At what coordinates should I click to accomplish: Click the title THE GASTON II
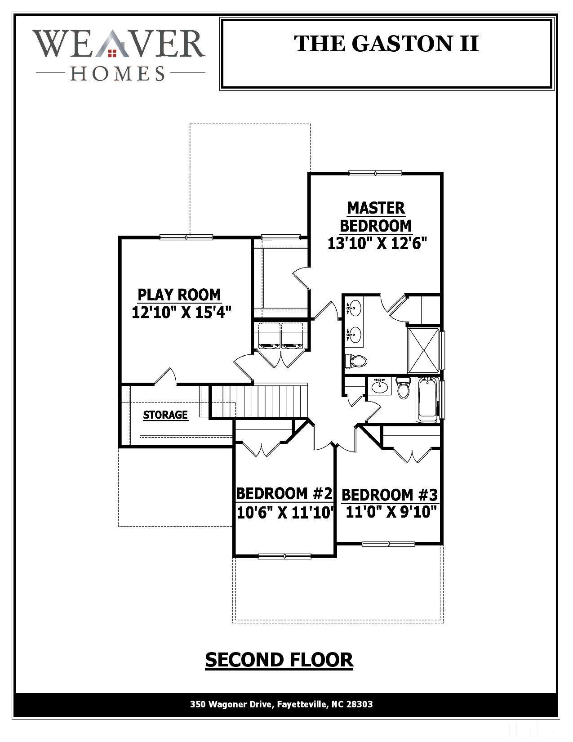386,44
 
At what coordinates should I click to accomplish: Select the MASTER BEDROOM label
376,216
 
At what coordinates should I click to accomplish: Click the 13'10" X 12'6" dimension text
377,243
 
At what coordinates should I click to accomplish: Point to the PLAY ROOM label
179,295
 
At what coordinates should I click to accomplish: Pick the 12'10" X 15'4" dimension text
182,312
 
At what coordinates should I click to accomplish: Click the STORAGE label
165,415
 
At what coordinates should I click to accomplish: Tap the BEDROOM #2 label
284,493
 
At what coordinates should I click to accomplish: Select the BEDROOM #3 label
389,495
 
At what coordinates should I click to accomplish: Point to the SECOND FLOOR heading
279,660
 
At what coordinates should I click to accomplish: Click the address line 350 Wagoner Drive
281,704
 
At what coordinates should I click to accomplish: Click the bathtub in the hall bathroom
427,400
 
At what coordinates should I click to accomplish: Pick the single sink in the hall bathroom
381,387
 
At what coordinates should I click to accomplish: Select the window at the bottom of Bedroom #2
284,556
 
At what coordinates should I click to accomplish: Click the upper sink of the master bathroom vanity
355,308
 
